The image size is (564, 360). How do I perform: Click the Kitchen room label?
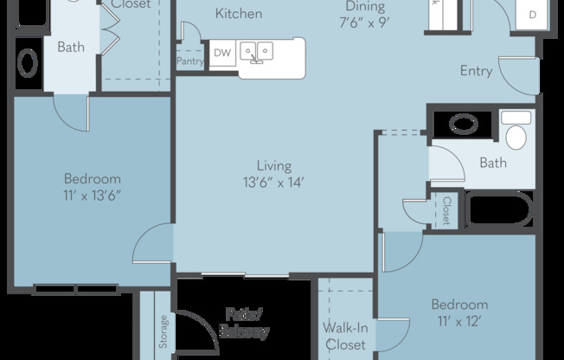pos(239,14)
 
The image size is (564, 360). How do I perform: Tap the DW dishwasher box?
pos(222,53)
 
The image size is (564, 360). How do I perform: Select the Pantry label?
pos(189,61)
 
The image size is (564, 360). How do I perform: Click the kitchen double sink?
pos(257,52)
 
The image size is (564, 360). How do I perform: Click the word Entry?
pos(477,71)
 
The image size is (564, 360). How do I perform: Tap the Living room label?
pos(273,166)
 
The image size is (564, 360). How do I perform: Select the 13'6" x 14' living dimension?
pos(273,182)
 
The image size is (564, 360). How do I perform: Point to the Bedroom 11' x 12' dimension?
pos(458,320)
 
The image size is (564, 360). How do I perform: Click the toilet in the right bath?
pos(516,133)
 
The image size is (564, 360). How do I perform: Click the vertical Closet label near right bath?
pos(446,210)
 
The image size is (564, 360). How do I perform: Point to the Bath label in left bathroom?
pos(71,47)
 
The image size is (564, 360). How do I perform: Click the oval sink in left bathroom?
pos(29,63)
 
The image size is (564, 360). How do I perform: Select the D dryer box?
pos(531,15)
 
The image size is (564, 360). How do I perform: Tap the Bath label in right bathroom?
pos(493,163)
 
